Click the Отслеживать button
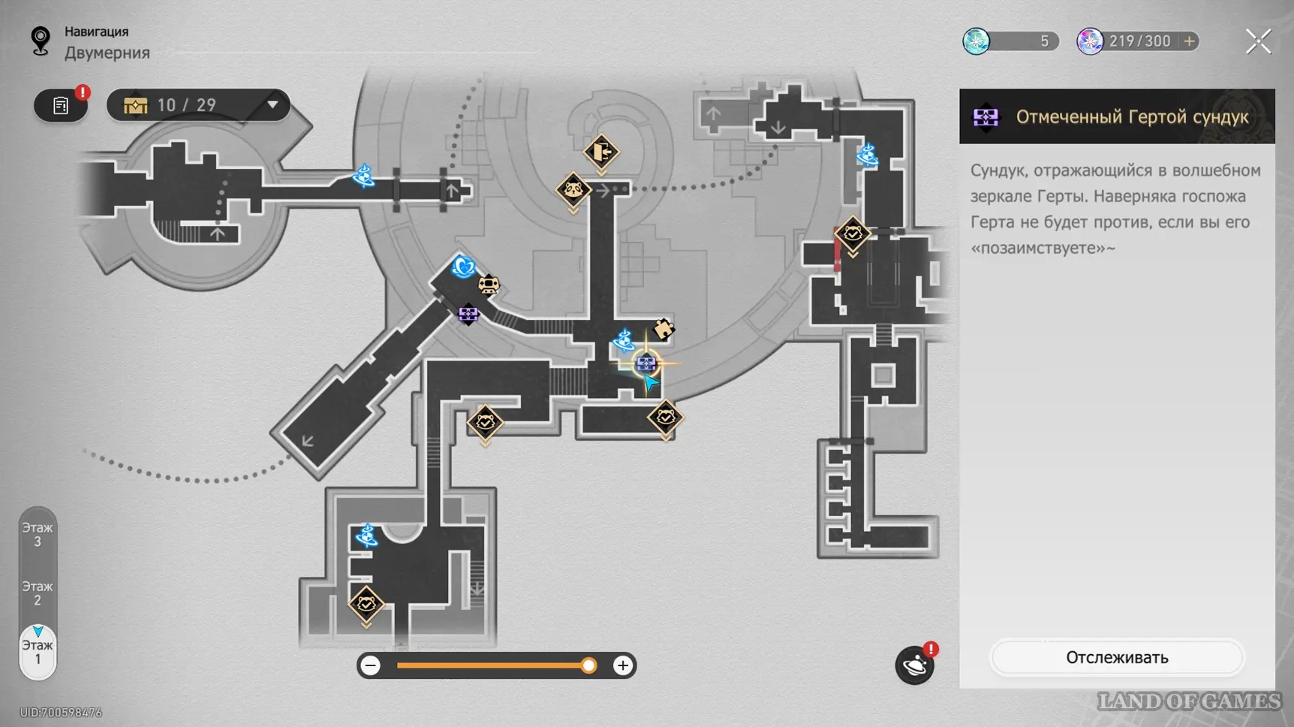pyautogui.click(x=1117, y=657)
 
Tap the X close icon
pyautogui.click(x=1258, y=41)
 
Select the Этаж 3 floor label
pyautogui.click(x=37, y=535)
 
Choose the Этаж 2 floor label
pyautogui.click(x=37, y=593)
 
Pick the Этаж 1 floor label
pyautogui.click(x=37, y=652)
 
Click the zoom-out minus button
pyautogui.click(x=370, y=665)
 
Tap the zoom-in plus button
pyautogui.click(x=622, y=665)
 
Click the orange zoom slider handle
pyautogui.click(x=588, y=665)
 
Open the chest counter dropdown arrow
pyautogui.click(x=272, y=104)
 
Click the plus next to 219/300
pyautogui.click(x=1189, y=41)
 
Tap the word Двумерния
pyautogui.click(x=107, y=53)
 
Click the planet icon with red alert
pyautogui.click(x=915, y=665)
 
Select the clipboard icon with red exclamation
pyautogui.click(x=61, y=105)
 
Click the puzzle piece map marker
pyautogui.click(x=664, y=329)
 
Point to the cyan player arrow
pyautogui.click(x=651, y=384)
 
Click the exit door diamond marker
pyautogui.click(x=601, y=152)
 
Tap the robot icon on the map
pyautogui.click(x=489, y=285)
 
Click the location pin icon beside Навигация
pyautogui.click(x=41, y=41)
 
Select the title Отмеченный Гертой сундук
pyautogui.click(x=1132, y=116)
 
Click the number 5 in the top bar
pyautogui.click(x=1043, y=41)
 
